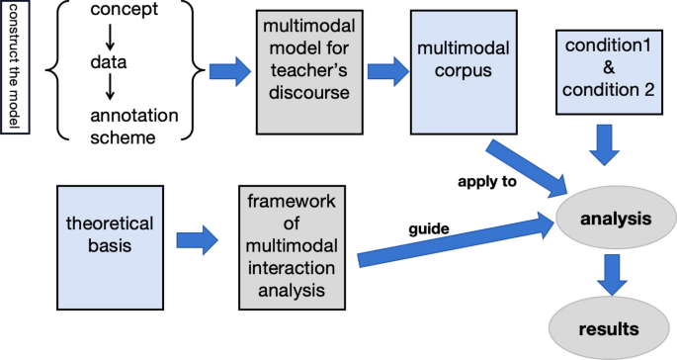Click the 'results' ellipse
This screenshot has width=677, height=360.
coord(608,326)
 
